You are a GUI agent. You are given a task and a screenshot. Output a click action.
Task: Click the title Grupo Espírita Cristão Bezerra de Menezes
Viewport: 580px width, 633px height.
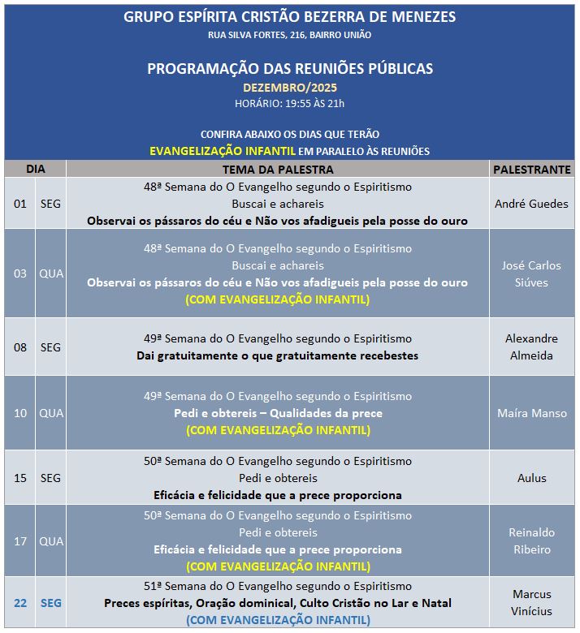289,17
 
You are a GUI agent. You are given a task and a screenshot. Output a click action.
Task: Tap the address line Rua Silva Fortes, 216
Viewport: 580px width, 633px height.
289,35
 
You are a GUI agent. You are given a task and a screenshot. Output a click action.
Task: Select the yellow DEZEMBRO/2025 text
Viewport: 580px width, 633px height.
289,87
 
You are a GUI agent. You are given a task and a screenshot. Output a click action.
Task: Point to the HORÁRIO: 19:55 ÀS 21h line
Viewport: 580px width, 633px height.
289,103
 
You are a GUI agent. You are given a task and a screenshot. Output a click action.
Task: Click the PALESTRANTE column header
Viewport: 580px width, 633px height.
531,170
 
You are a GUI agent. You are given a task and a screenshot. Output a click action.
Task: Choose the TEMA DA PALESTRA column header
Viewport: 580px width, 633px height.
278,170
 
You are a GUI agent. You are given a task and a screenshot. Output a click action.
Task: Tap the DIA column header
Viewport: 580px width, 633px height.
35,170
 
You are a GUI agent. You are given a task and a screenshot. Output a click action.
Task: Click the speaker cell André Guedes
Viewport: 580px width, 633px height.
531,204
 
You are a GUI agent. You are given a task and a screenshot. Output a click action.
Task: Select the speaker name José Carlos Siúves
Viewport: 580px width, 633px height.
531,273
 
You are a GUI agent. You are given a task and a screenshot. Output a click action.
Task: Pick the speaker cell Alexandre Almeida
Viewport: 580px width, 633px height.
531,347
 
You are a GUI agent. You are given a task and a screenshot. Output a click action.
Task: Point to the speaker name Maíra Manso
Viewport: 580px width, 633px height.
531,413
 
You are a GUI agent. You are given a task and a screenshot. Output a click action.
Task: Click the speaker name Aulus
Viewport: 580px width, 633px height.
531,478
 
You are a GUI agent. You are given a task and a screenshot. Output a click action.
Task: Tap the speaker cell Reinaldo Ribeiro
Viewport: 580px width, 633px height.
531,540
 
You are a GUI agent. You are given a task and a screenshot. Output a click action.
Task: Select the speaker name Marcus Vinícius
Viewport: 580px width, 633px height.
531,603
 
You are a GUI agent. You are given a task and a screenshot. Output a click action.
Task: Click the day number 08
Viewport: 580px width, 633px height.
20,347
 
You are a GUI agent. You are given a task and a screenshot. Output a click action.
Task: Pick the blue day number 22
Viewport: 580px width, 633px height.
20,603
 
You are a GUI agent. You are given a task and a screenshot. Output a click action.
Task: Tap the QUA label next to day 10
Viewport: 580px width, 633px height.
50,413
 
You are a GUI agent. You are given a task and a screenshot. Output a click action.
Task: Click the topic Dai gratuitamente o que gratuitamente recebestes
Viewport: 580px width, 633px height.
278,355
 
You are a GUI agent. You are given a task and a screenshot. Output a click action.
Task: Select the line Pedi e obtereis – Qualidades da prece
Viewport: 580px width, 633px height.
278,413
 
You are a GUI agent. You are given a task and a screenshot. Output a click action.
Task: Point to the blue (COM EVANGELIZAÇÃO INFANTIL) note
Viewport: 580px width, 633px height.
278,620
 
